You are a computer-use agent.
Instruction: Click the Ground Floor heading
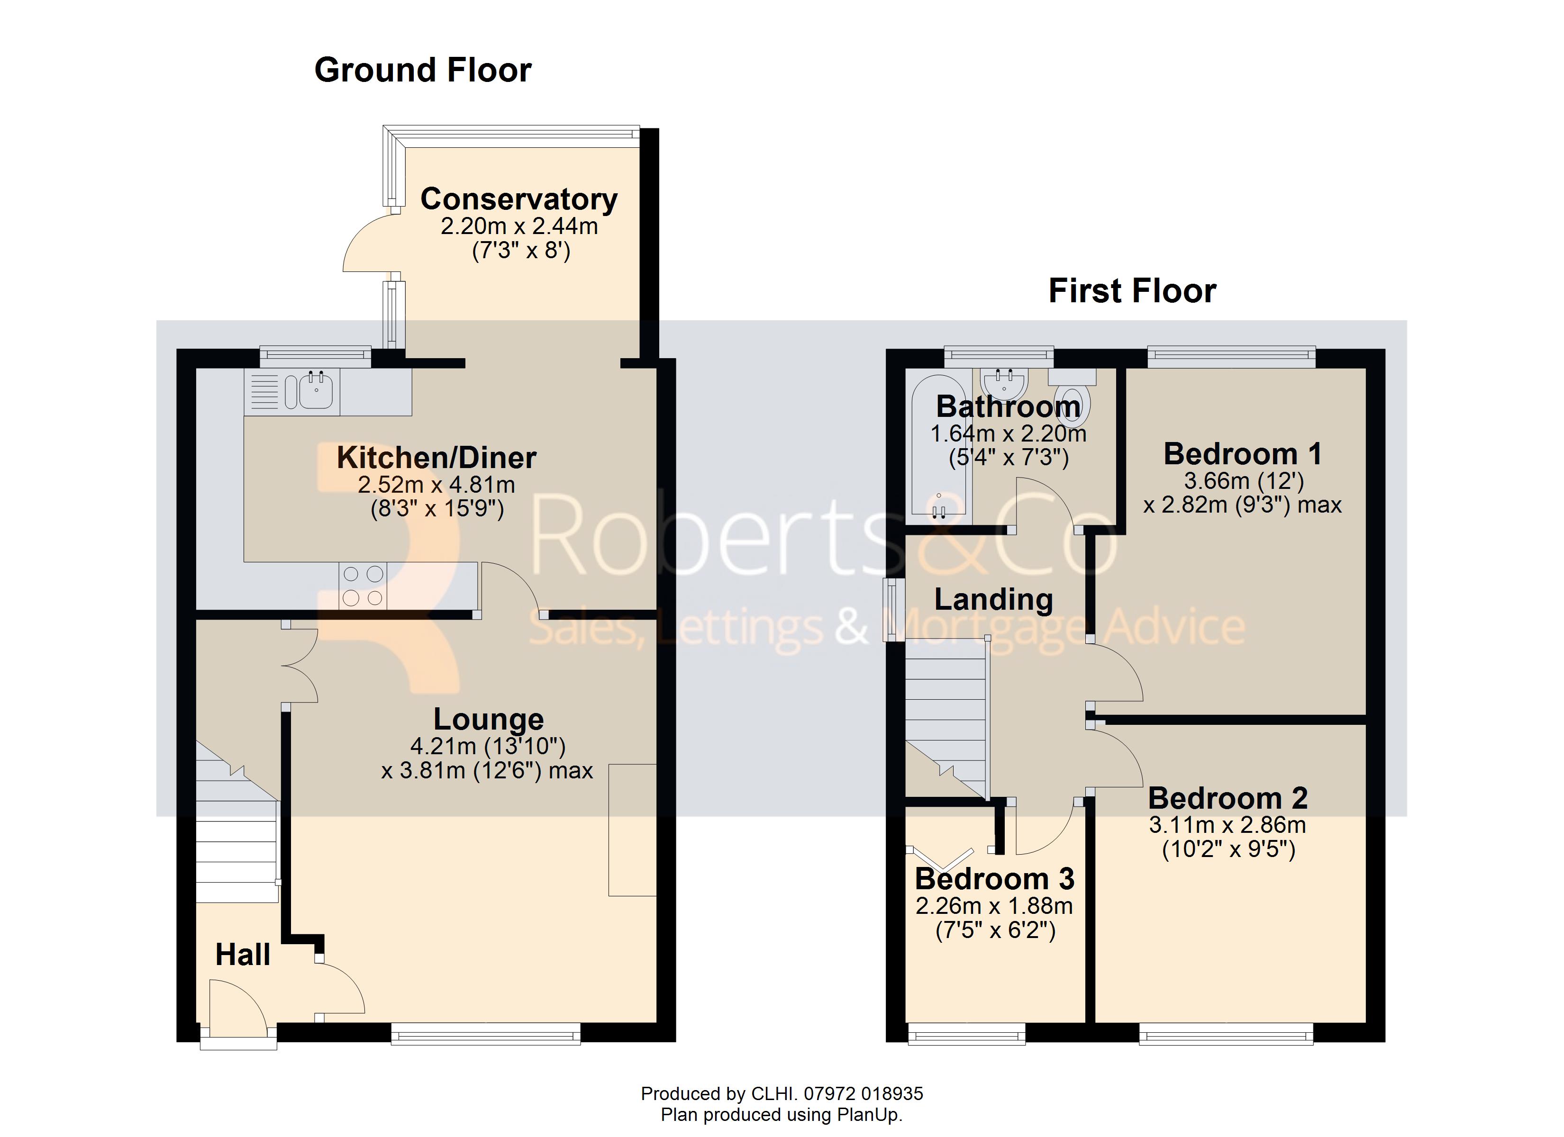pos(423,70)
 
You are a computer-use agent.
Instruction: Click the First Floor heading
pos(1132,291)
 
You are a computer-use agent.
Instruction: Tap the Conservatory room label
pos(518,199)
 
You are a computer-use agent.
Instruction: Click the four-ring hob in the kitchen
pos(363,586)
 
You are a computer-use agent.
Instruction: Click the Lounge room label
pos(488,719)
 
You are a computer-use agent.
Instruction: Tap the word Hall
pos(243,955)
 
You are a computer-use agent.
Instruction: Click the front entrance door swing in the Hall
pos(236,1007)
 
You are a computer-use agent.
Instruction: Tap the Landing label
pos(993,600)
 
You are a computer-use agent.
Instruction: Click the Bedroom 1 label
pos(1242,454)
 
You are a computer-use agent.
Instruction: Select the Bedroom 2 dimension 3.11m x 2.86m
pos(1228,825)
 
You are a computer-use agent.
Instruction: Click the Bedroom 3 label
pos(994,879)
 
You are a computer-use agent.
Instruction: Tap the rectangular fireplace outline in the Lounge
pos(632,830)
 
